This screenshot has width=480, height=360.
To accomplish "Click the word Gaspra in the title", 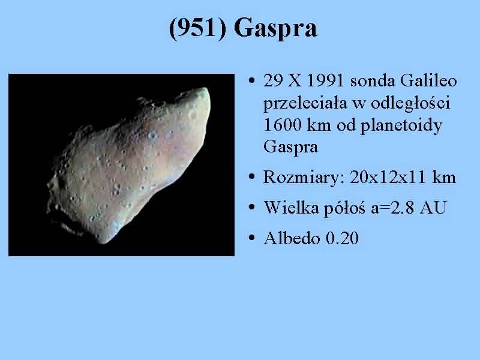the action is pyautogui.click(x=275, y=28).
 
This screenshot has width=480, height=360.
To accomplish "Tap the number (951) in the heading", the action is pyautogui.click(x=197, y=28).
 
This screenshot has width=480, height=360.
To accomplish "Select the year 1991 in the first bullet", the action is pyautogui.click(x=325, y=81).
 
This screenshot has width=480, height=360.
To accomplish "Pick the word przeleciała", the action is pyautogui.click(x=305, y=103).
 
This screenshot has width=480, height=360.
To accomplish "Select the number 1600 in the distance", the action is pyautogui.click(x=282, y=125).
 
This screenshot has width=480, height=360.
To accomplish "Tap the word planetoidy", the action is pyautogui.click(x=401, y=125).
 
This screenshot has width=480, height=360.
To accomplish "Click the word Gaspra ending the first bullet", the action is pyautogui.click(x=290, y=147).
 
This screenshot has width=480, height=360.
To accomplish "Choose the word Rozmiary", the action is pyautogui.click(x=304, y=178).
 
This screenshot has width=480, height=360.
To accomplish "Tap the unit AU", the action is pyautogui.click(x=433, y=208).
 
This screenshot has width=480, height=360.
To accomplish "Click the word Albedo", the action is pyautogui.click(x=292, y=238).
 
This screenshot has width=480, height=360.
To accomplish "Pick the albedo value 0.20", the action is pyautogui.click(x=342, y=238).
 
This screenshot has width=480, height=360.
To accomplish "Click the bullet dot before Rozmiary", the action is pyautogui.click(x=251, y=177).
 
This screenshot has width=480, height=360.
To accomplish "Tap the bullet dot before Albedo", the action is pyautogui.click(x=251, y=238).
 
